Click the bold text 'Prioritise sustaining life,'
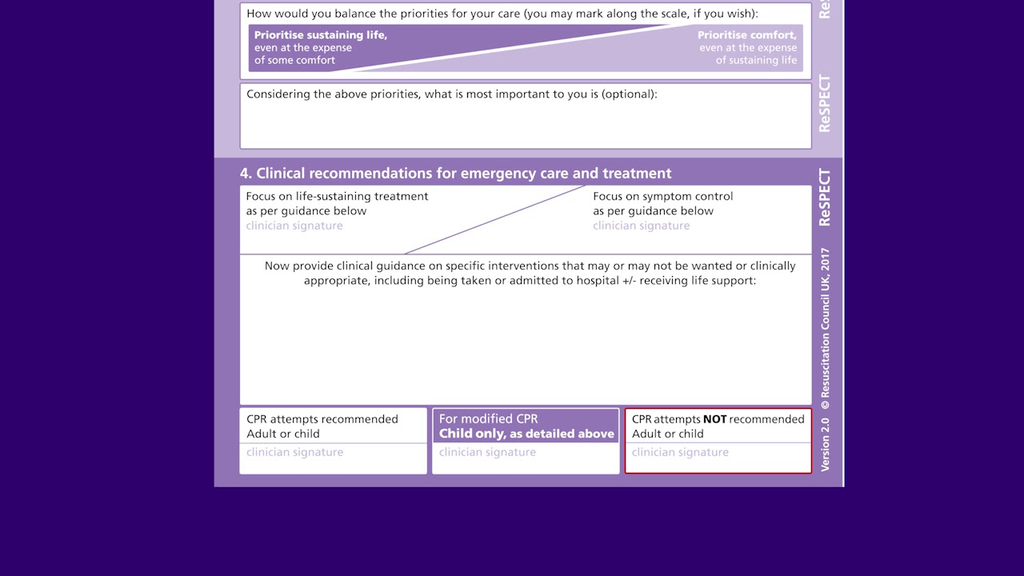tap(320, 35)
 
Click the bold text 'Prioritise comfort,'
tap(746, 35)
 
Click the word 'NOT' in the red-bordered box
tap(714, 419)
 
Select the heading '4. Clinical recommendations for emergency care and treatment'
tap(455, 174)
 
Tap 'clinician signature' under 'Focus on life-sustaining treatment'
tap(294, 226)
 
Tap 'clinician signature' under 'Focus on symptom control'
tap(641, 226)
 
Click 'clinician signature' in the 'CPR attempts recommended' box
tap(294, 452)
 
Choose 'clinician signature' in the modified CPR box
tap(487, 452)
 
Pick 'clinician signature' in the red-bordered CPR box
tap(680, 452)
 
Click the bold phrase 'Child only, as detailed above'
tap(526, 434)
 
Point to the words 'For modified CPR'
tap(488, 419)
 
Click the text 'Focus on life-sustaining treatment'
tap(337, 196)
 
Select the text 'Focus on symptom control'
tap(662, 196)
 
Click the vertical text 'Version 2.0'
tap(825, 443)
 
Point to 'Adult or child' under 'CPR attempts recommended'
tap(282, 434)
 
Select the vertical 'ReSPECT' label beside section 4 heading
tap(825, 198)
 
